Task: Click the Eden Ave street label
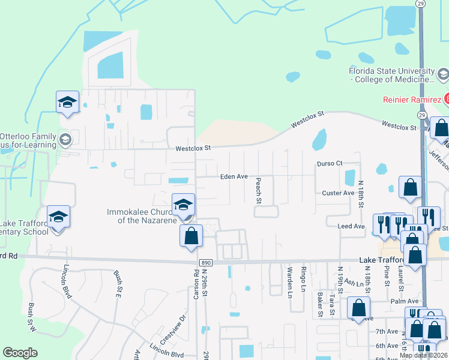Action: [x=234, y=176]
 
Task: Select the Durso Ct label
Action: [x=330, y=163]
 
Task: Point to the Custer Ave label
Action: [x=339, y=193]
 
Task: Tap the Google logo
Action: [x=20, y=353]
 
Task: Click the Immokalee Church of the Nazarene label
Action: [x=142, y=216]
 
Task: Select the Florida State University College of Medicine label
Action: [x=392, y=75]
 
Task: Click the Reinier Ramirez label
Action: [x=412, y=99]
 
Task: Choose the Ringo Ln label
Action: [x=304, y=275]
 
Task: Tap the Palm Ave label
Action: [x=404, y=301]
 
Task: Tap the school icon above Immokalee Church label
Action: [x=183, y=205]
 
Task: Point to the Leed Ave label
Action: [x=351, y=226]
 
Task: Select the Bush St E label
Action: [x=118, y=283]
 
